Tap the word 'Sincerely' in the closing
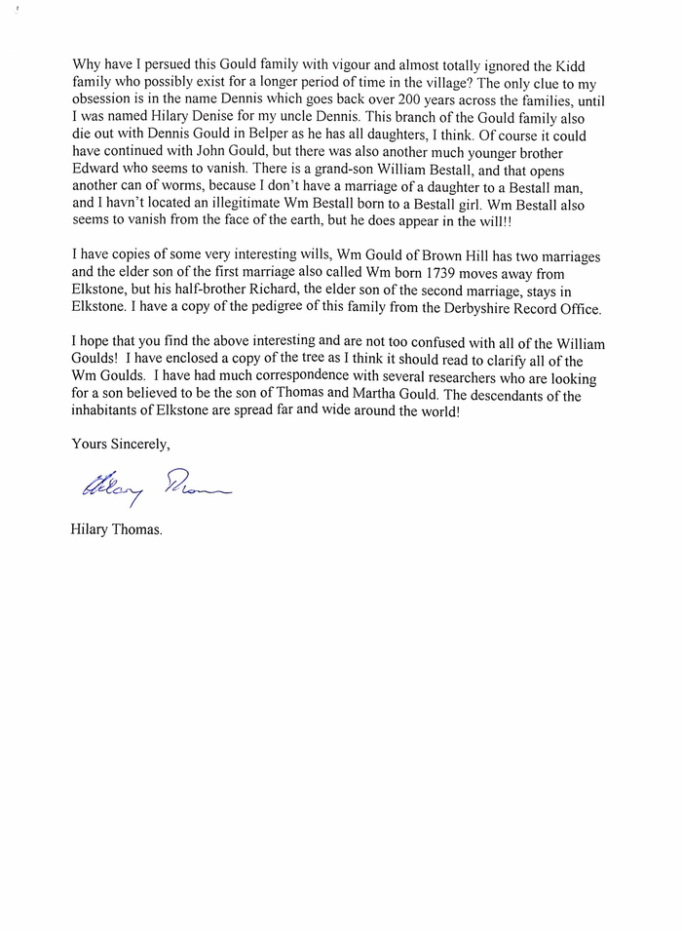pyautogui.click(x=138, y=444)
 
